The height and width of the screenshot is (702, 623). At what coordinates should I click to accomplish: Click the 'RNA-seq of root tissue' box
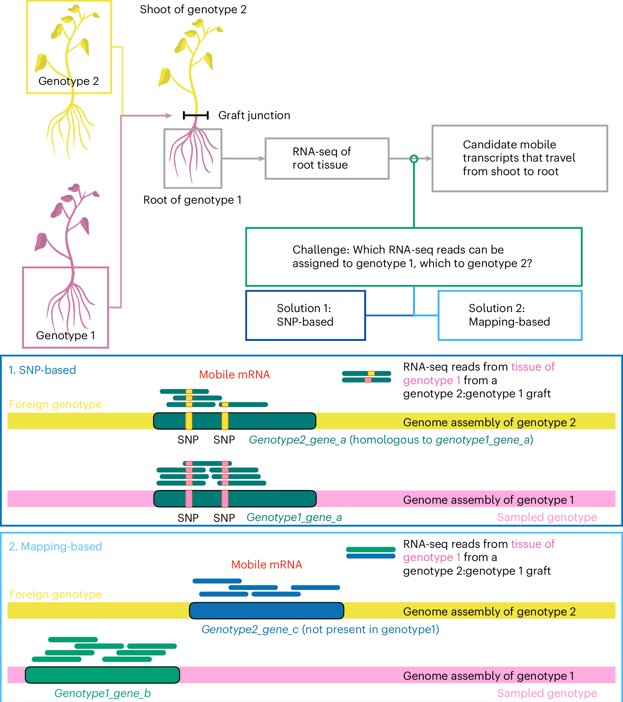[x=327, y=158]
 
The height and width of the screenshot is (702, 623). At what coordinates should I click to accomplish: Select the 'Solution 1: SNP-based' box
[x=305, y=315]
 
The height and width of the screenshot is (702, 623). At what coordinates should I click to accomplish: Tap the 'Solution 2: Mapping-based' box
[x=510, y=315]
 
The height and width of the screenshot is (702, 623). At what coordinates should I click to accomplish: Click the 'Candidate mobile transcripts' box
[x=519, y=158]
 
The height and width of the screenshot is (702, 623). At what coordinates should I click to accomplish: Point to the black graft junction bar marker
[x=196, y=115]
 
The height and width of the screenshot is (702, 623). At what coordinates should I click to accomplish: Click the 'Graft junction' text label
[x=254, y=115]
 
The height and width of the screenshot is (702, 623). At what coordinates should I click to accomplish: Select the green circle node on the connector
[x=414, y=159]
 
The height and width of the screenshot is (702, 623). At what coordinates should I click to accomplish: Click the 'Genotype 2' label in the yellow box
[x=68, y=81]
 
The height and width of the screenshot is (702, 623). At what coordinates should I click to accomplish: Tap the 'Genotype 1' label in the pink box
[x=66, y=336]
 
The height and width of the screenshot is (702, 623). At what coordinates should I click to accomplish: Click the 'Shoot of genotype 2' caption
[x=193, y=9]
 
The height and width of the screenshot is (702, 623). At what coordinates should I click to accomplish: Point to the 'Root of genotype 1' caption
[x=192, y=200]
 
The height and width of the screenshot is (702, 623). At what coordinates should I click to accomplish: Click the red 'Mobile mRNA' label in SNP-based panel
[x=234, y=375]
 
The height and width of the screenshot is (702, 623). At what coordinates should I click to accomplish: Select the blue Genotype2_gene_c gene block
[x=267, y=610]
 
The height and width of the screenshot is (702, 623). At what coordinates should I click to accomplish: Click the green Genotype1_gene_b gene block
[x=102, y=675]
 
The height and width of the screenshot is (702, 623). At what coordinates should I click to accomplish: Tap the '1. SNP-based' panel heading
[x=42, y=370]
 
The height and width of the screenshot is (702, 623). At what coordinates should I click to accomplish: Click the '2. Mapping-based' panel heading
[x=55, y=547]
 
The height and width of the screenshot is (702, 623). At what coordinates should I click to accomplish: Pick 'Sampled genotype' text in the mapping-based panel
[x=547, y=693]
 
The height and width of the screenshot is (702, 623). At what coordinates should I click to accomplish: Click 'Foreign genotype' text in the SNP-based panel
[x=55, y=404]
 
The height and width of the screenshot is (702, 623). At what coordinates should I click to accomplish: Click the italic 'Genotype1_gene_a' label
[x=294, y=517]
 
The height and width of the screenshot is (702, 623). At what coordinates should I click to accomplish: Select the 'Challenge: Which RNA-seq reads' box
[x=414, y=257]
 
